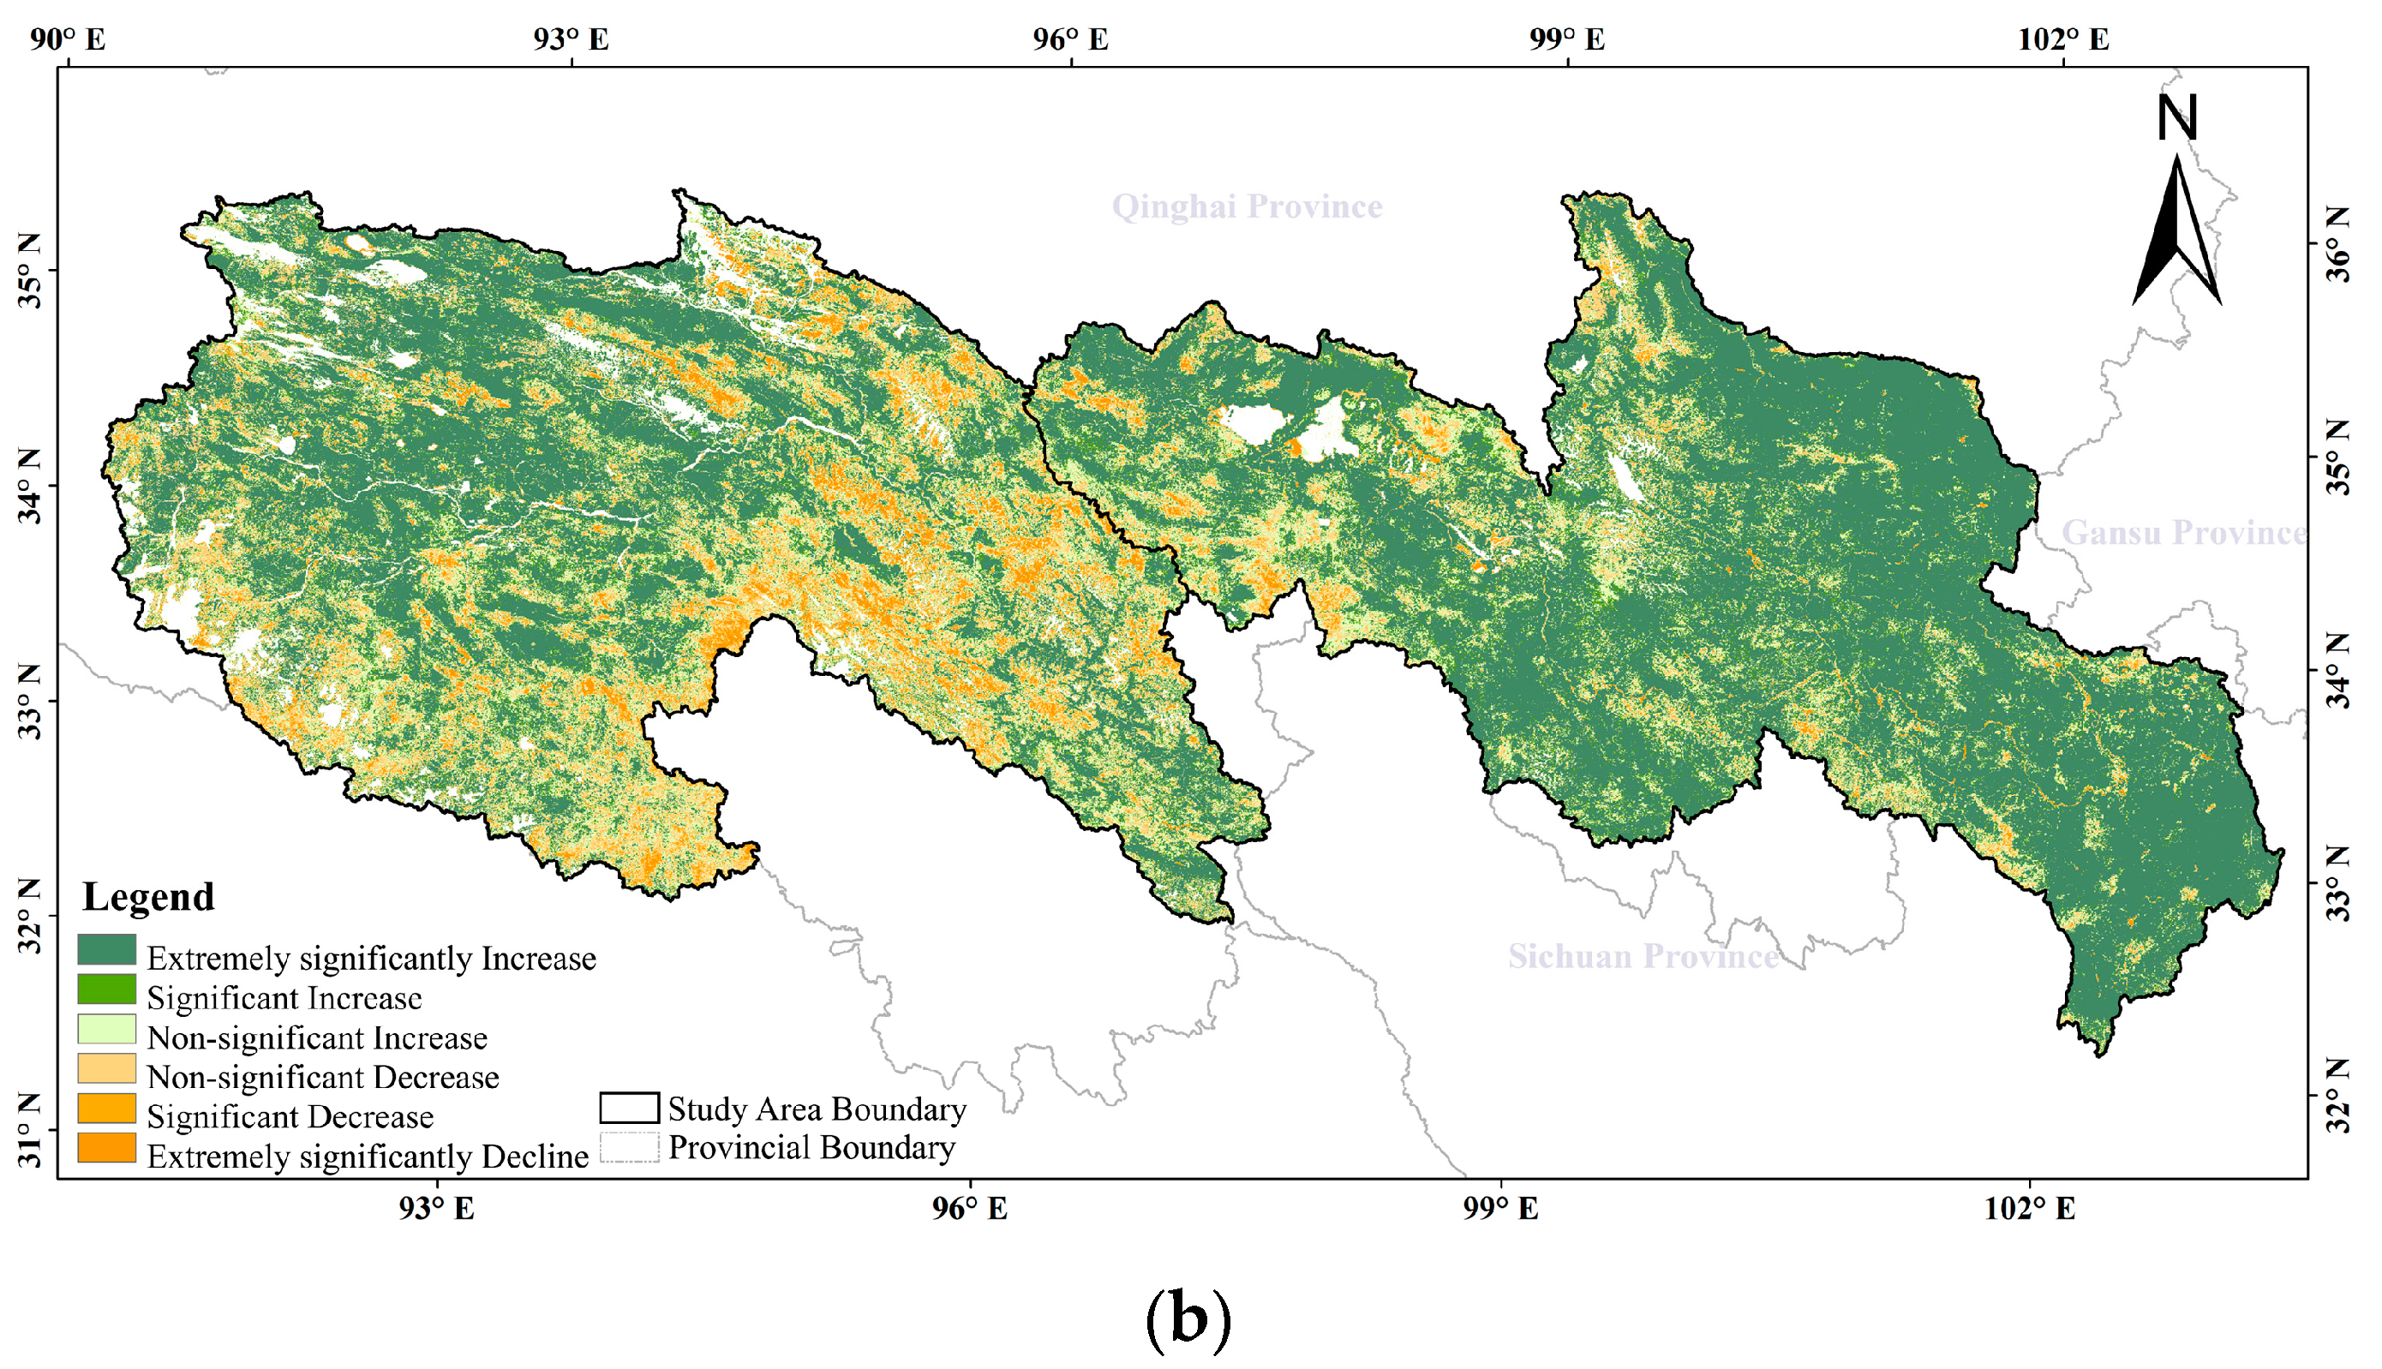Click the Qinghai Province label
click(1246, 206)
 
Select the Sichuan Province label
click(1643, 956)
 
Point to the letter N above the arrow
click(2177, 117)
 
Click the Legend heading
click(148, 896)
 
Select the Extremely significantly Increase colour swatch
click(106, 950)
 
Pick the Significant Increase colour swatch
click(106, 990)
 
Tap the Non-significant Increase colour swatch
click(106, 1030)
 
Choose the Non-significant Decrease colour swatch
click(106, 1069)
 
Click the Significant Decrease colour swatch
click(106, 1109)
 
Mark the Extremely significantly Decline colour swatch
click(106, 1148)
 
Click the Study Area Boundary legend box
click(629, 1109)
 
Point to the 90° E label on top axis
click(68, 39)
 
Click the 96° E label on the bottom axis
click(970, 1208)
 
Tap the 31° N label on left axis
click(30, 1130)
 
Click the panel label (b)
click(1188, 1320)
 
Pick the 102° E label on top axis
click(2063, 39)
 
